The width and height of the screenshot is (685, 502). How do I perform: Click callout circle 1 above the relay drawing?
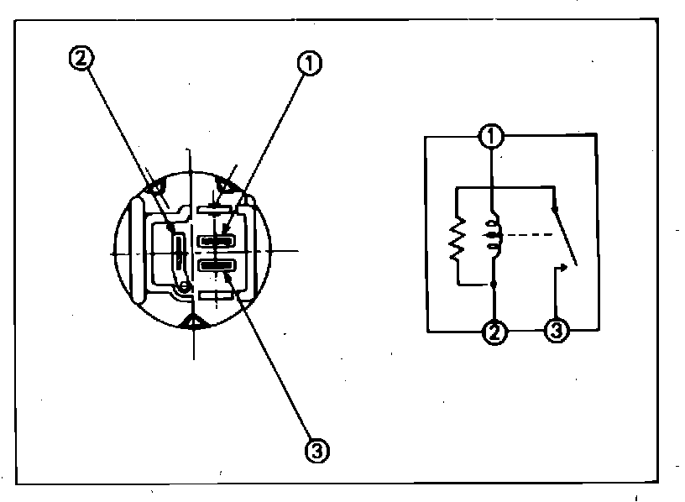click(x=310, y=62)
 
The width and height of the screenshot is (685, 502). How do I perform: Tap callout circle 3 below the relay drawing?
click(x=318, y=451)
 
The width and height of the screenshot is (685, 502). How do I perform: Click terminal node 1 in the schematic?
click(x=493, y=135)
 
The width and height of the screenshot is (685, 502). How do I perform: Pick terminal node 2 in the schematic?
click(x=494, y=333)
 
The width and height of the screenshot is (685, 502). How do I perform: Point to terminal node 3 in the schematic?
click(x=558, y=332)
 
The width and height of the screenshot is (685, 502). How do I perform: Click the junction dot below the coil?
click(x=493, y=286)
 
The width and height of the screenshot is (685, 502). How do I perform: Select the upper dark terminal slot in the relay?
click(x=217, y=240)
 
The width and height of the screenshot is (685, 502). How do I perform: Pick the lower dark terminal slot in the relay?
click(x=217, y=267)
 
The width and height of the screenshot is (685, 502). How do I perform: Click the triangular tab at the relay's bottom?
click(x=194, y=323)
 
